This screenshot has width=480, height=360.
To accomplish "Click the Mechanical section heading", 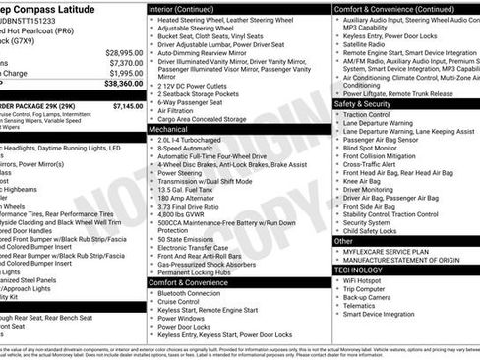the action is click(168, 129).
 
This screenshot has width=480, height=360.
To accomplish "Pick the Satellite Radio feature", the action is click(365, 43).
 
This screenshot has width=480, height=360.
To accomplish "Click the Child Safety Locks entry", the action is click(373, 230).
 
